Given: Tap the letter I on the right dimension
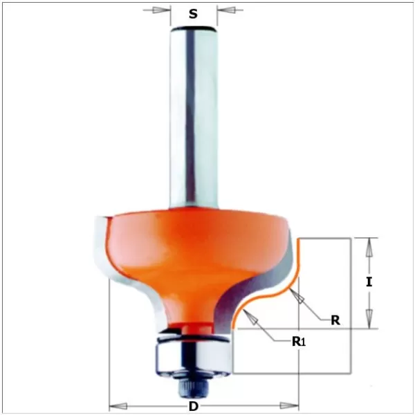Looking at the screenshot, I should pos(370,282).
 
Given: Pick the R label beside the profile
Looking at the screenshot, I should pos(335,320).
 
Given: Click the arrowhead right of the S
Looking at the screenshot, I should pos(225,10).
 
